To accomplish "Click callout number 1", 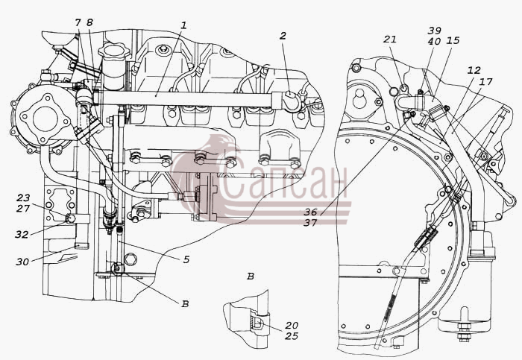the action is pos(183,25).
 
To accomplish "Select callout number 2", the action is pos(283,36).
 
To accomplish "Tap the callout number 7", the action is pos(78,22).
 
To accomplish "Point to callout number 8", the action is pos(89,22).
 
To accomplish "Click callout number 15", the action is pos(453,40).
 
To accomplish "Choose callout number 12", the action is pos(474,70).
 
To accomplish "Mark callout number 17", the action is pos(486,81).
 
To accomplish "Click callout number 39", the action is pos(435,31).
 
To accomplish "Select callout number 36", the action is pos(310,212).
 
